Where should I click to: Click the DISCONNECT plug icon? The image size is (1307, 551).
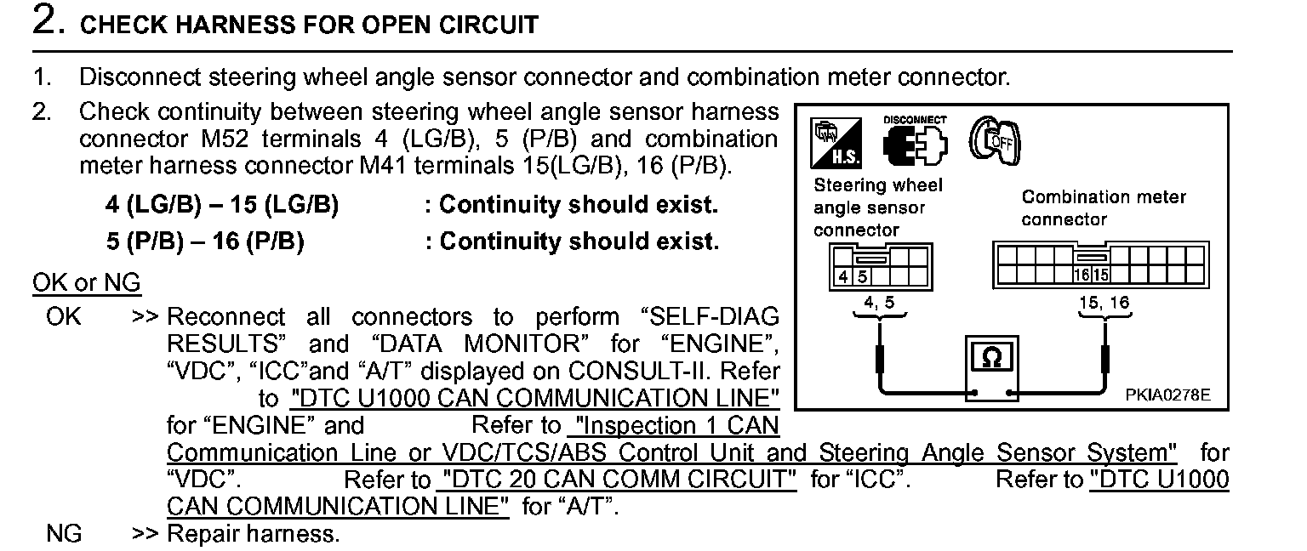913,143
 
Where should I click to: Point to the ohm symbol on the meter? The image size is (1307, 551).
991,358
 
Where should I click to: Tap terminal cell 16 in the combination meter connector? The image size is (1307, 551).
1082,275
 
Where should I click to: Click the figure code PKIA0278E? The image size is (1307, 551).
1167,395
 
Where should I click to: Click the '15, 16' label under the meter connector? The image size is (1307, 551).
1104,303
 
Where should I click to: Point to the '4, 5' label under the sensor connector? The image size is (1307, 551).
879,303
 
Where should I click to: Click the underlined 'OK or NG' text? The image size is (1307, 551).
86,282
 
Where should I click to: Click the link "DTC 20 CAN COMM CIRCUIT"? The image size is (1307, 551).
616,480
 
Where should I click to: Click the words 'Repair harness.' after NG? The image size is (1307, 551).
253,534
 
